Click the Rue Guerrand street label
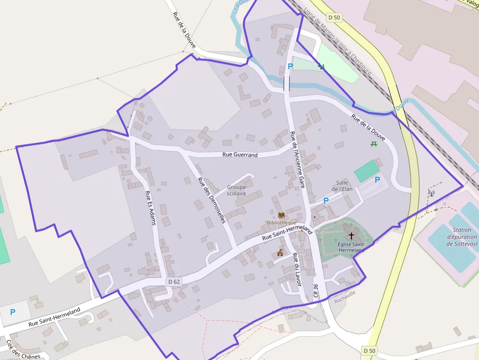(239, 155)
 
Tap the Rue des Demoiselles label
(211, 200)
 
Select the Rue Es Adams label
(151, 208)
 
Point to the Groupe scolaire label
(237, 190)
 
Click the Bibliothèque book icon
(281, 215)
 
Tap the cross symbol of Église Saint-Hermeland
(351, 235)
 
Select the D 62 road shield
(174, 281)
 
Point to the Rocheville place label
(345, 300)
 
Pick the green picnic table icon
(374, 143)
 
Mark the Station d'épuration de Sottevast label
(461, 237)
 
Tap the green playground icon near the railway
(321, 66)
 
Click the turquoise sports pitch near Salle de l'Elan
(367, 171)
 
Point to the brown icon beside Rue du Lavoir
(280, 253)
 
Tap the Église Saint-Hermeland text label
(351, 247)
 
